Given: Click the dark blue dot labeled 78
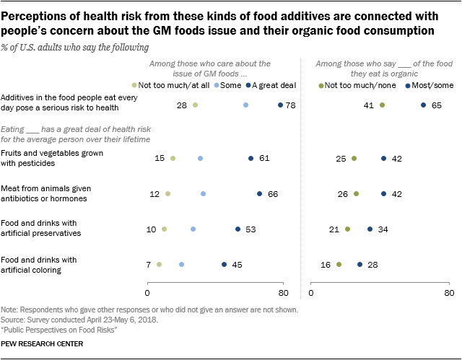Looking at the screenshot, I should pos(280,105).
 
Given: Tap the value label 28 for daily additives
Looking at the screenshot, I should pos(182,105).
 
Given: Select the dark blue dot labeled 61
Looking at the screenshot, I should pos(251,159).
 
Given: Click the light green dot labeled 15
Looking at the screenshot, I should pos(173,159).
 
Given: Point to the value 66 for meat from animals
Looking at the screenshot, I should pos(273,193).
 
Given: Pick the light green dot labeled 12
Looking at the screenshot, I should pos(167,193).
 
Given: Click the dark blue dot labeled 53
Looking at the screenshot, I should pos(237,229).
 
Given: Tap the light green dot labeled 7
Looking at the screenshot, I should pos(159,265).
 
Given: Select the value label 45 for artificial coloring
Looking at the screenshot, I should pos(237,265).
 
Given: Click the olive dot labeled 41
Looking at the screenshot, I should pos(382,105).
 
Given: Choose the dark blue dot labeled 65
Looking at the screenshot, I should pos(423,105).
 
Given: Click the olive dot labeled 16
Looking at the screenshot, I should pos(339,265).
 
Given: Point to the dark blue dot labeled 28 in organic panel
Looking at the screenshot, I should pos(359,265).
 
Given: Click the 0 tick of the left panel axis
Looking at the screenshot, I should pos(147,293).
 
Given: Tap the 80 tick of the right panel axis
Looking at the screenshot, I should pos(449,293).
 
